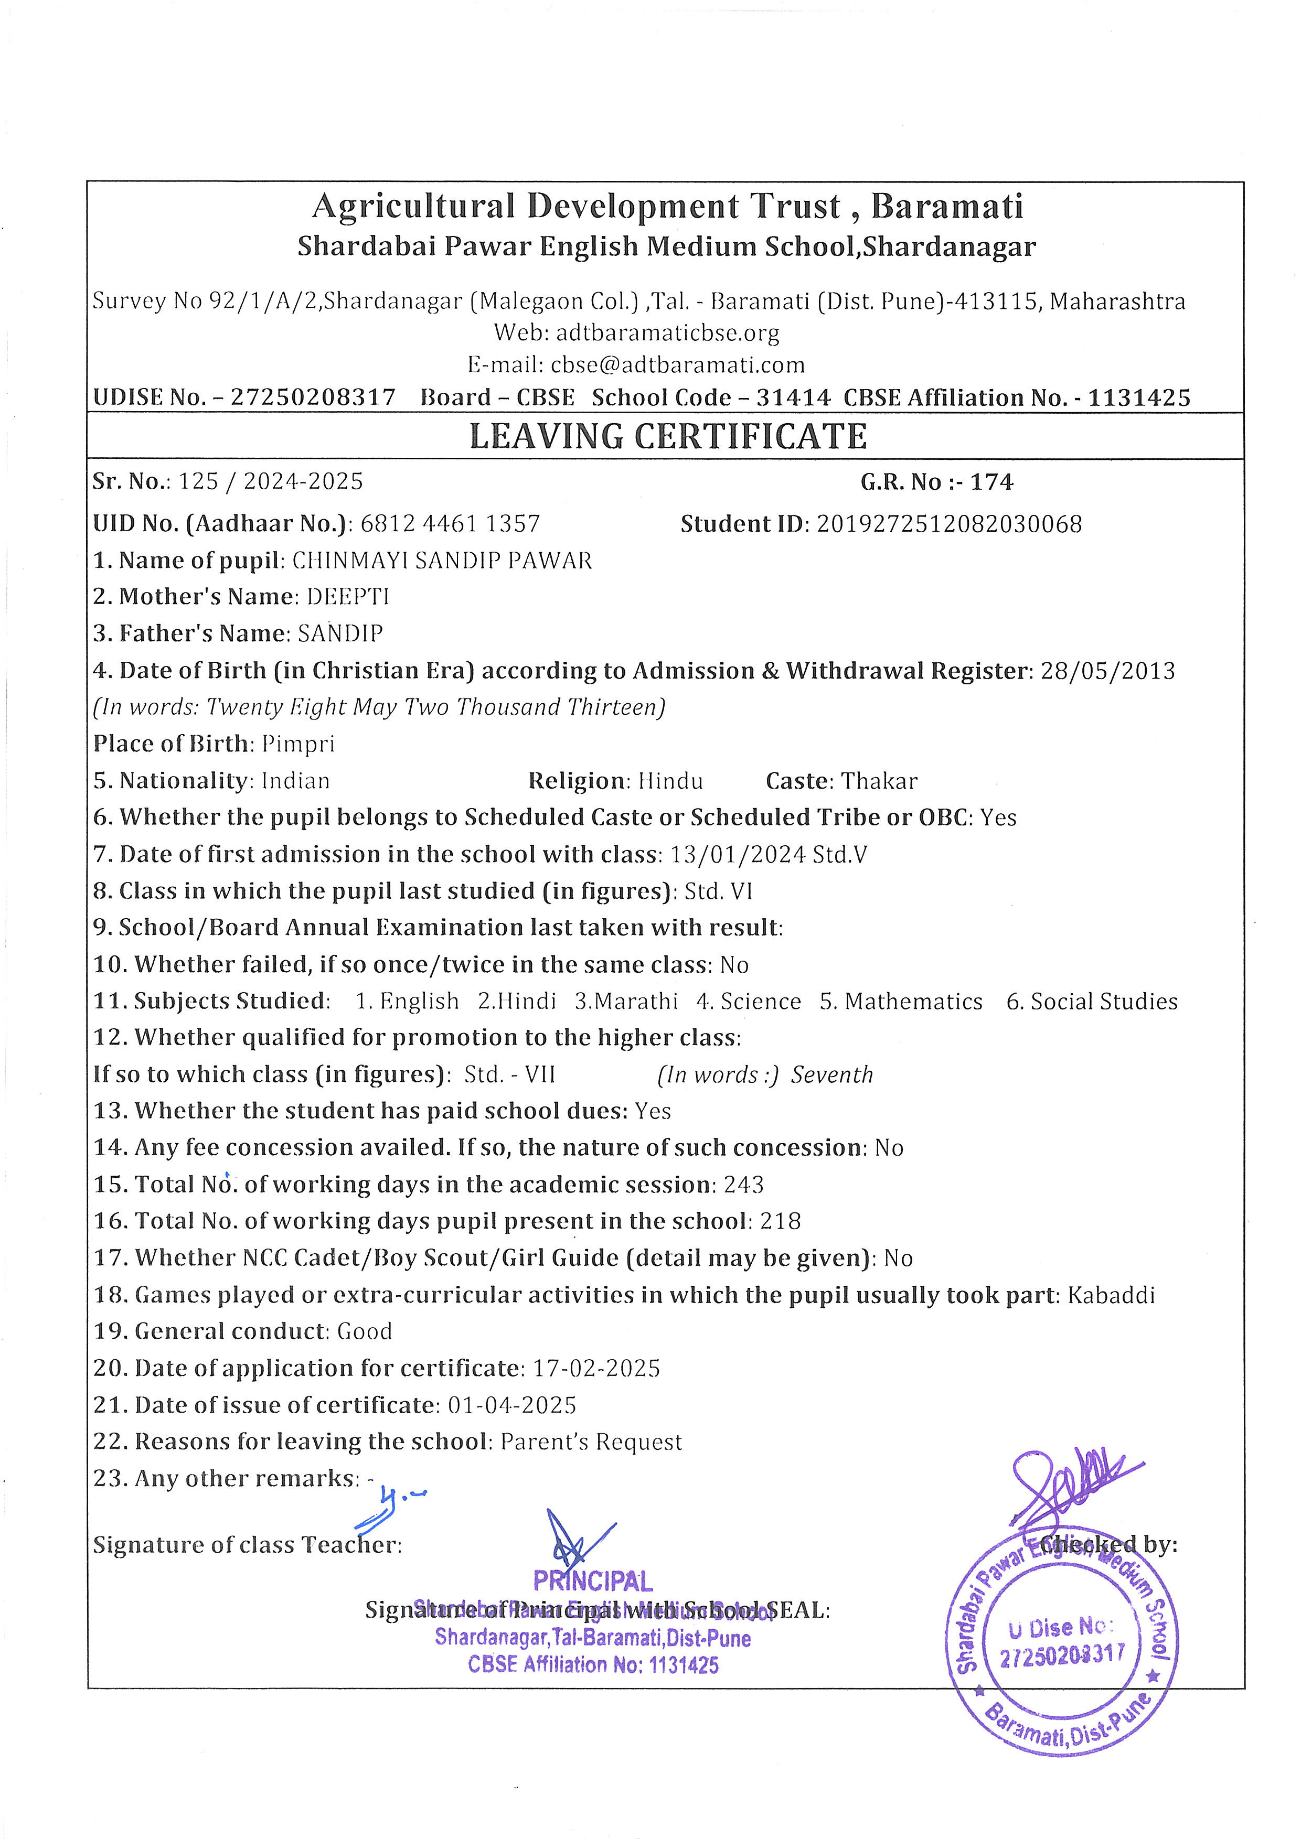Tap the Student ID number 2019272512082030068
tap(950, 524)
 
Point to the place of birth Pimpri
tap(298, 744)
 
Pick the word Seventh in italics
tap(833, 1075)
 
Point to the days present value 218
tap(780, 1221)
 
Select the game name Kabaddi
tap(1111, 1295)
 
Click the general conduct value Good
tap(365, 1331)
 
